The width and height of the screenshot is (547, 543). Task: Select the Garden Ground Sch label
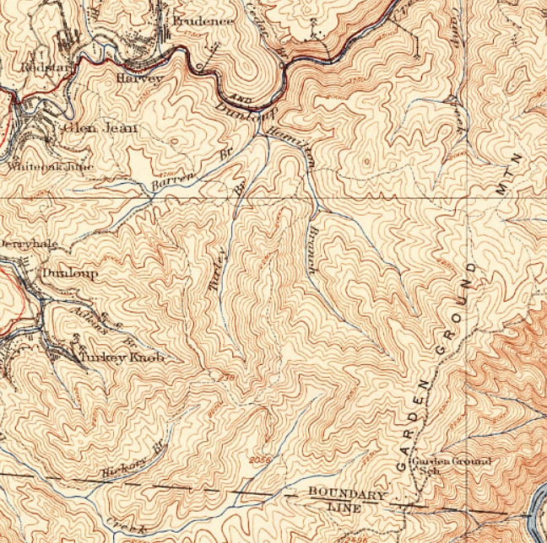[448, 466]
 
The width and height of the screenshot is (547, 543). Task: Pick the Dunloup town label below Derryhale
[69, 274]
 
